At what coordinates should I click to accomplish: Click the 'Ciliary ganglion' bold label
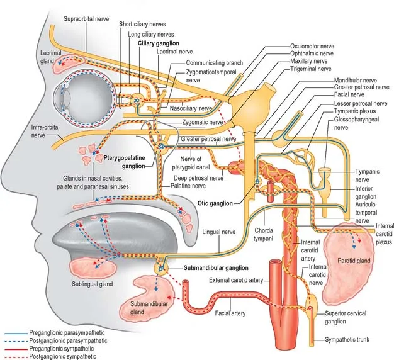[x=159, y=43]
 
